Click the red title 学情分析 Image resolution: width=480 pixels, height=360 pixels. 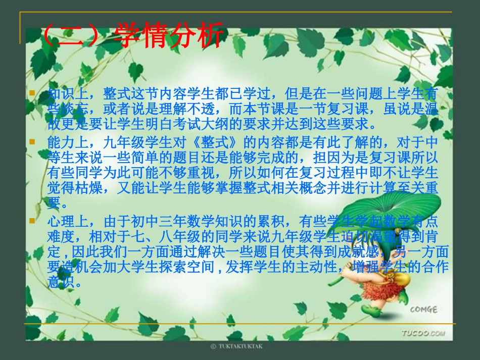tap(169, 37)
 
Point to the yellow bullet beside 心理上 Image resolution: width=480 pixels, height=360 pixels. tap(32, 221)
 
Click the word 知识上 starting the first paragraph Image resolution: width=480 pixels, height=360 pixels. tap(65, 94)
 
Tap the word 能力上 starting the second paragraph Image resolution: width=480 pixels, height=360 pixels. tap(65, 140)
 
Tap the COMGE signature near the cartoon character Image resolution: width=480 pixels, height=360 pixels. tap(423, 309)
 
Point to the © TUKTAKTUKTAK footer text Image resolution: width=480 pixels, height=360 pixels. tap(237, 347)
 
